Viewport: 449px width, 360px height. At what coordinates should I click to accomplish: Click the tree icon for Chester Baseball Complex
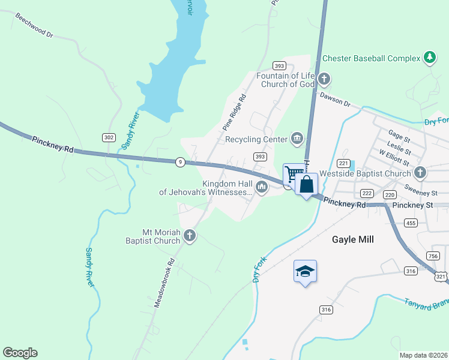pos(429,58)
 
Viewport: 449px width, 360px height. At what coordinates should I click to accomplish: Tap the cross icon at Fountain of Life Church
pos(324,79)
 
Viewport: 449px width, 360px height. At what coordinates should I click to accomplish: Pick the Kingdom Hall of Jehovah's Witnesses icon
pos(261,187)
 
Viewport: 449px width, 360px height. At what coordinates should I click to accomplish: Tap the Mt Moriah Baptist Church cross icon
pos(190,236)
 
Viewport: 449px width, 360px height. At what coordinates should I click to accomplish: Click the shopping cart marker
pos(292,175)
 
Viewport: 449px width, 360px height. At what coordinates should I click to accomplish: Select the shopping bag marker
pos(306,184)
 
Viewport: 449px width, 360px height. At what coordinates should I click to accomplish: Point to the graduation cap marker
pos(305,272)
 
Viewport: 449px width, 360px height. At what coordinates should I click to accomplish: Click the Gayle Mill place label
pos(353,239)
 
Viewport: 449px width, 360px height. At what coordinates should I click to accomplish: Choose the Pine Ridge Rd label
pos(235,112)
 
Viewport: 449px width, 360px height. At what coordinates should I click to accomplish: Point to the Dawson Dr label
pos(334,98)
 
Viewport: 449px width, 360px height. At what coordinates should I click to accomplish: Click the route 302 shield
pos(109,137)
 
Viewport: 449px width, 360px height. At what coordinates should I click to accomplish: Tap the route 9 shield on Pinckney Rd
pos(179,161)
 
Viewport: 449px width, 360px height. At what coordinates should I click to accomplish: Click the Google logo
pos(20,353)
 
